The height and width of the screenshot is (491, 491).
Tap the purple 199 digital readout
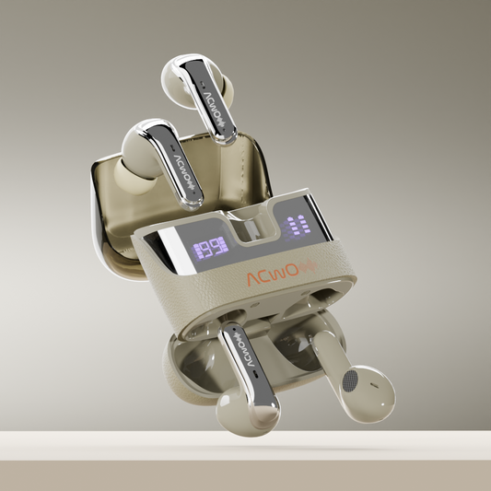pos(207,246)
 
